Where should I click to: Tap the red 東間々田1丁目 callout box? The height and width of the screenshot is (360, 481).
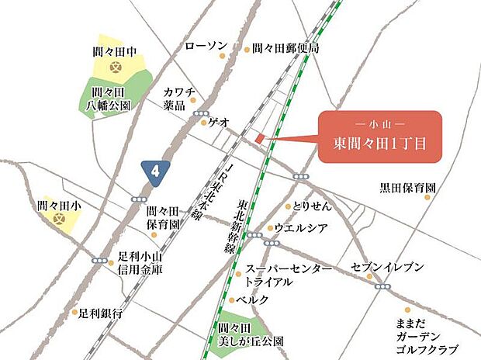(380, 137)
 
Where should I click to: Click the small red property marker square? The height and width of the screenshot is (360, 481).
(261, 139)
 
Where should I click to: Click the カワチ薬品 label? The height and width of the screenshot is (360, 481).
(178, 98)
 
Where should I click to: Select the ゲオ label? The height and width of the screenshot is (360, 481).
(218, 122)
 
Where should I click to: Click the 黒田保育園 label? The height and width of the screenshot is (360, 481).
(407, 188)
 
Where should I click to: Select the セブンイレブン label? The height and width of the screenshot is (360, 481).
(387, 267)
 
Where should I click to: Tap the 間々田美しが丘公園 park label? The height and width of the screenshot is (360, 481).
(239, 334)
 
